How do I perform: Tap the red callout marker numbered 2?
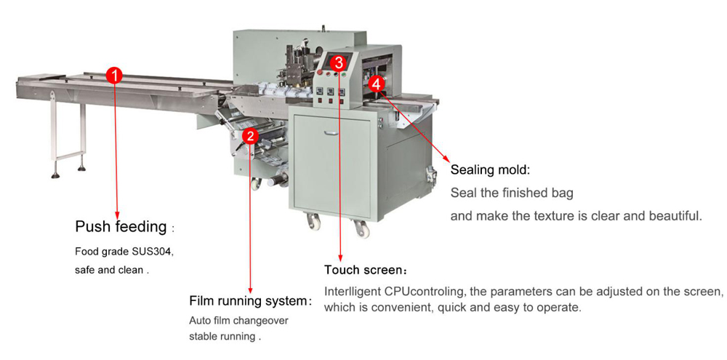coord(250,135)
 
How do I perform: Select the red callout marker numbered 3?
coord(339,62)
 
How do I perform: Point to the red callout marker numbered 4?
coord(376,84)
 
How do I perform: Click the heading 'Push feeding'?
coord(121,227)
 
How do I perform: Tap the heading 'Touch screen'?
coord(361,271)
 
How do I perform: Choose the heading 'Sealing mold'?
coord(489,170)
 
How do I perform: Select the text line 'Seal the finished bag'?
coord(512,193)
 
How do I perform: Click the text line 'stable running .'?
coord(225,337)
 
